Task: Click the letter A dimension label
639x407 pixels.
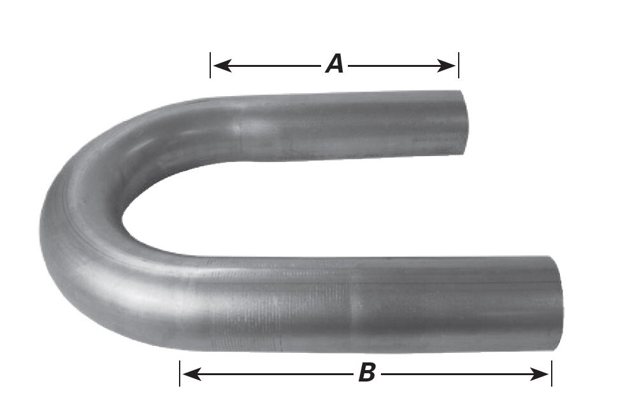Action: click(x=334, y=64)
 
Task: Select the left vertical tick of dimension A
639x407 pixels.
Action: click(x=210, y=65)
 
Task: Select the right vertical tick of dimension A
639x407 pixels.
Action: click(x=459, y=65)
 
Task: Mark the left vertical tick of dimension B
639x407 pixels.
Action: click(x=180, y=374)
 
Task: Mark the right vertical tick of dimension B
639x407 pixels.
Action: click(x=552, y=374)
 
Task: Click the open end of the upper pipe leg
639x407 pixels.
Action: click(x=464, y=123)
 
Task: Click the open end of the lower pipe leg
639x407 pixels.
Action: click(x=557, y=303)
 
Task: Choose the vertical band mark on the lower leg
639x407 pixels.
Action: click(x=350, y=304)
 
